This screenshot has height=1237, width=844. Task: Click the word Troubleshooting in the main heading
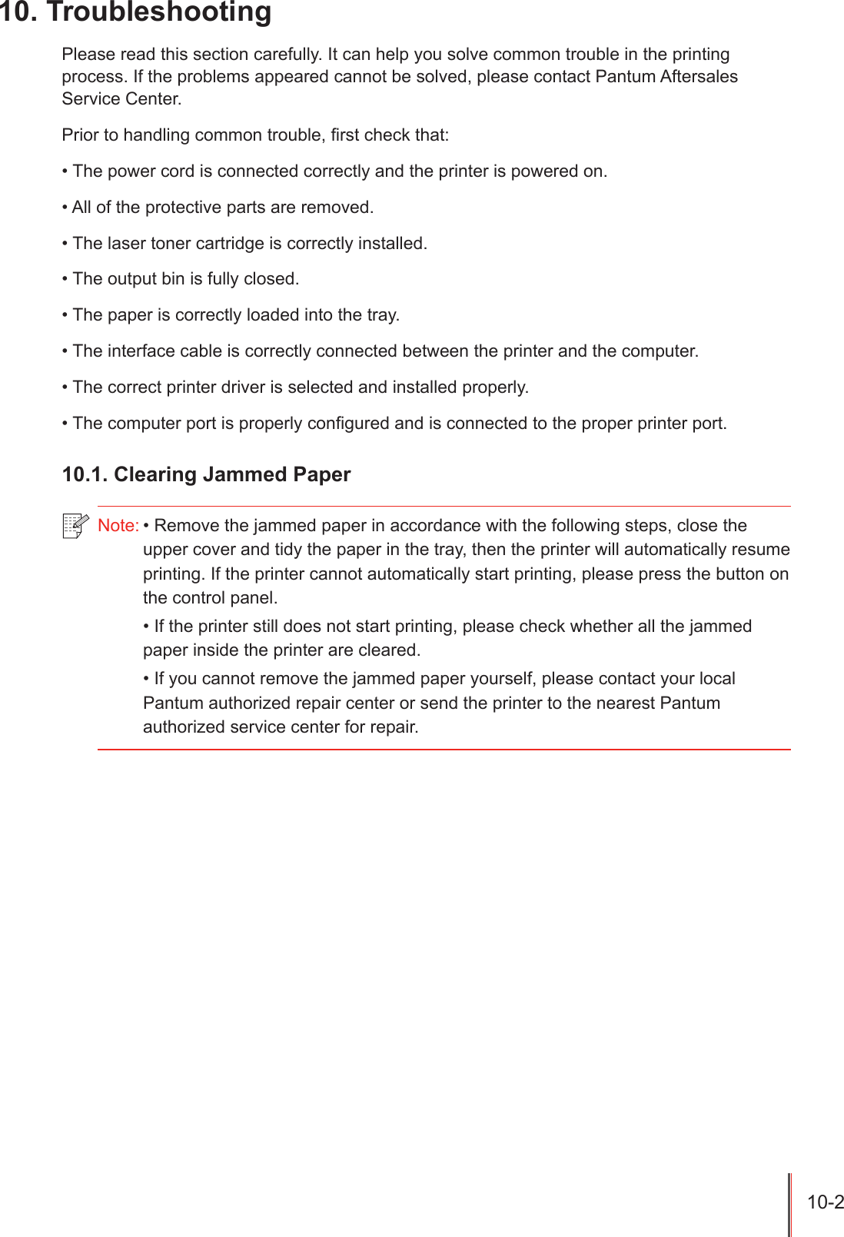[x=159, y=12]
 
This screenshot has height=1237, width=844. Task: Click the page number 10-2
[x=825, y=1202]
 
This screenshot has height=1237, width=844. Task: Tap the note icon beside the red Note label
[x=75, y=526]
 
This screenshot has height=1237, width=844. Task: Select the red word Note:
[x=118, y=526]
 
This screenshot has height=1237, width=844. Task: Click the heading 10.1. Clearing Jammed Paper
[x=206, y=474]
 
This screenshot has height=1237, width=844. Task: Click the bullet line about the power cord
[x=334, y=171]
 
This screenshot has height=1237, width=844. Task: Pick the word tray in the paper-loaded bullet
[x=381, y=315]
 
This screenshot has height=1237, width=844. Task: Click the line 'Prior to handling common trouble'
[x=255, y=135]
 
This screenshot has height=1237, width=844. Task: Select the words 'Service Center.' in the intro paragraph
[x=121, y=99]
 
